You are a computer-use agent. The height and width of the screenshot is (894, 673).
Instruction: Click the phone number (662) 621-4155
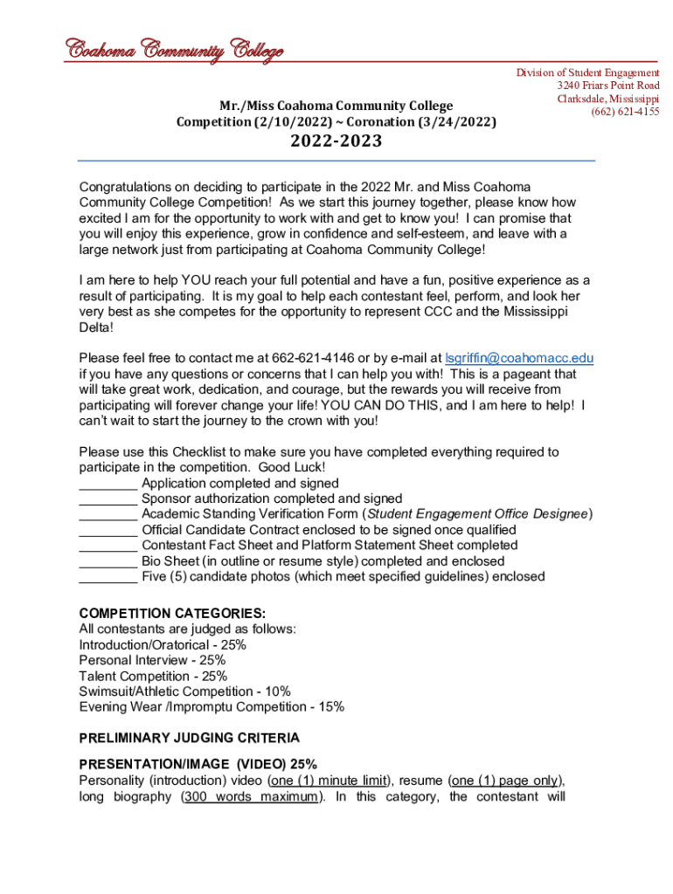[625, 112]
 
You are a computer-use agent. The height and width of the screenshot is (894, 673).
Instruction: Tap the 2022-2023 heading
[336, 141]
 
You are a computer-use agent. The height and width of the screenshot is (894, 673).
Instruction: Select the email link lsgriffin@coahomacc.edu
[520, 358]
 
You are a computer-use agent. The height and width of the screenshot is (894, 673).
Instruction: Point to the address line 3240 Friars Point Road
[608, 86]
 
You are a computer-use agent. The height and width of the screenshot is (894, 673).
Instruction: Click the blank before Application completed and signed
[108, 484]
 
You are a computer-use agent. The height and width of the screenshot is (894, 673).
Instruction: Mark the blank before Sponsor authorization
[108, 499]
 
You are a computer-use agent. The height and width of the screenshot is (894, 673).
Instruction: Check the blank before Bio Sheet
[108, 561]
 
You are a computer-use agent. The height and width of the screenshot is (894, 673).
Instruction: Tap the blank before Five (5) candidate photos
[108, 577]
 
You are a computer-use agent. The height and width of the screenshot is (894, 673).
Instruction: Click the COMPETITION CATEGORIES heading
[172, 614]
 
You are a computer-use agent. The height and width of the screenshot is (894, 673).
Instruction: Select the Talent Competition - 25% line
[153, 676]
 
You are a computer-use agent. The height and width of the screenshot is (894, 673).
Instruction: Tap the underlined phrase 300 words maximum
[249, 796]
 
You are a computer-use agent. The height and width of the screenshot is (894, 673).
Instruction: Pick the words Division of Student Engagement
[587, 72]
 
